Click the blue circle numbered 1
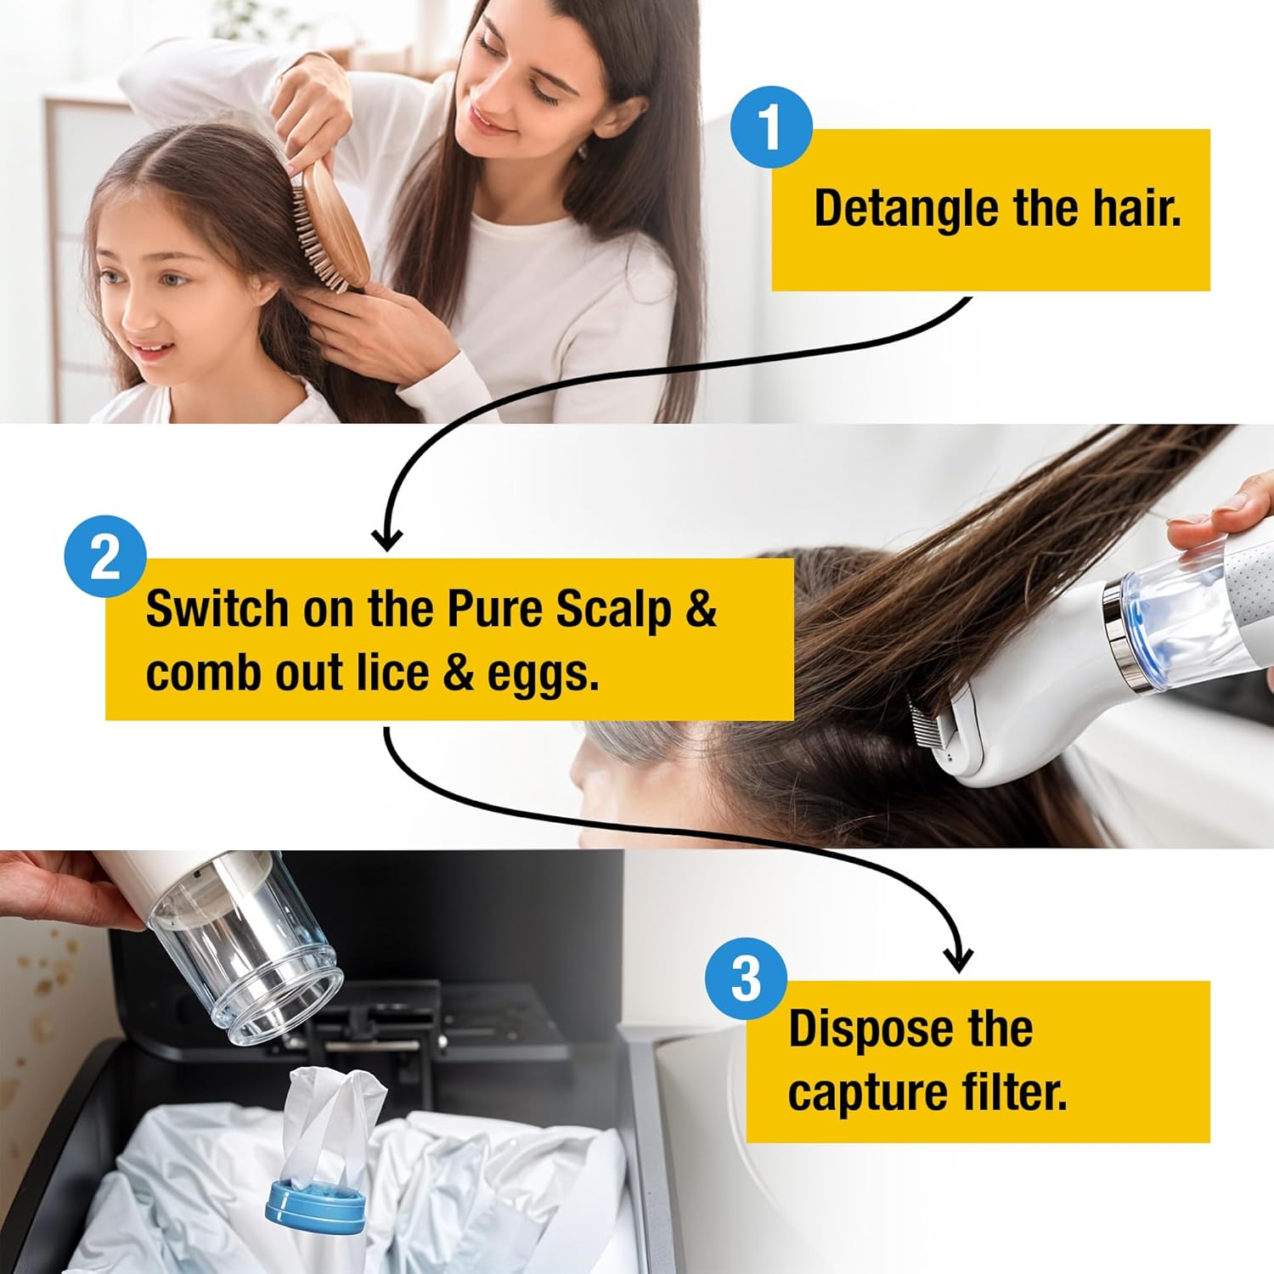point(770,127)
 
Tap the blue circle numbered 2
point(105,557)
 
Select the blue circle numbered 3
point(746,978)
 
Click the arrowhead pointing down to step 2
point(387,538)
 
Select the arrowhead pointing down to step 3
point(959,960)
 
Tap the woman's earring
point(583,151)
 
